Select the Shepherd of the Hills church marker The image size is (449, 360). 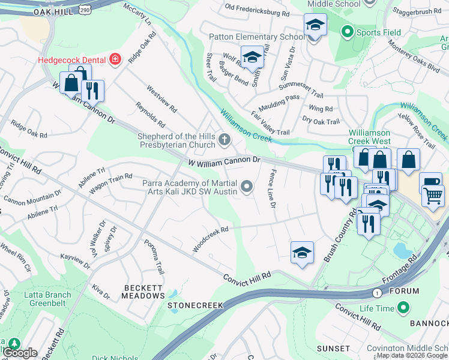coord(224,140)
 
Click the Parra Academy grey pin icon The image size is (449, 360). coord(247,188)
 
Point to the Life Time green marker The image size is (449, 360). coord(403,308)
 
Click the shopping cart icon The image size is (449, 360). coord(433,194)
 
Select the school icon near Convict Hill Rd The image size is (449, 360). coord(302,253)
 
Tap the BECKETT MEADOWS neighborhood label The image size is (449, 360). coord(143,292)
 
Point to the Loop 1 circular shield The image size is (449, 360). coord(376,293)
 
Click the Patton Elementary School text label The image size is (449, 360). coord(256,37)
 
